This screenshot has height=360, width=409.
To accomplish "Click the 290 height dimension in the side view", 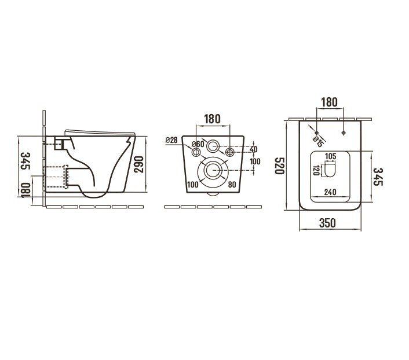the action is click(139, 164).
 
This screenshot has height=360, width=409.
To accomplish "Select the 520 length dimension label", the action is click(279, 166).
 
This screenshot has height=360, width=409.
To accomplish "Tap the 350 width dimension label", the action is click(327, 223).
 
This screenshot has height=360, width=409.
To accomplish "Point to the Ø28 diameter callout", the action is click(171, 140).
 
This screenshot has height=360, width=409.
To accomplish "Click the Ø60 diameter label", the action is click(198, 144).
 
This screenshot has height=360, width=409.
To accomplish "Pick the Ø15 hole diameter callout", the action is click(318, 142).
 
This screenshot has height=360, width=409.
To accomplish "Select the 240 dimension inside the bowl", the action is click(330, 192).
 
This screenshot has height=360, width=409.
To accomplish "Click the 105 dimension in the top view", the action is click(331, 157).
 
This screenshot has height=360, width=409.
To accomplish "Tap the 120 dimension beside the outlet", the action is click(316, 170).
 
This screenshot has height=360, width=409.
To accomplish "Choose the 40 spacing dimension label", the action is click(254, 149).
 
